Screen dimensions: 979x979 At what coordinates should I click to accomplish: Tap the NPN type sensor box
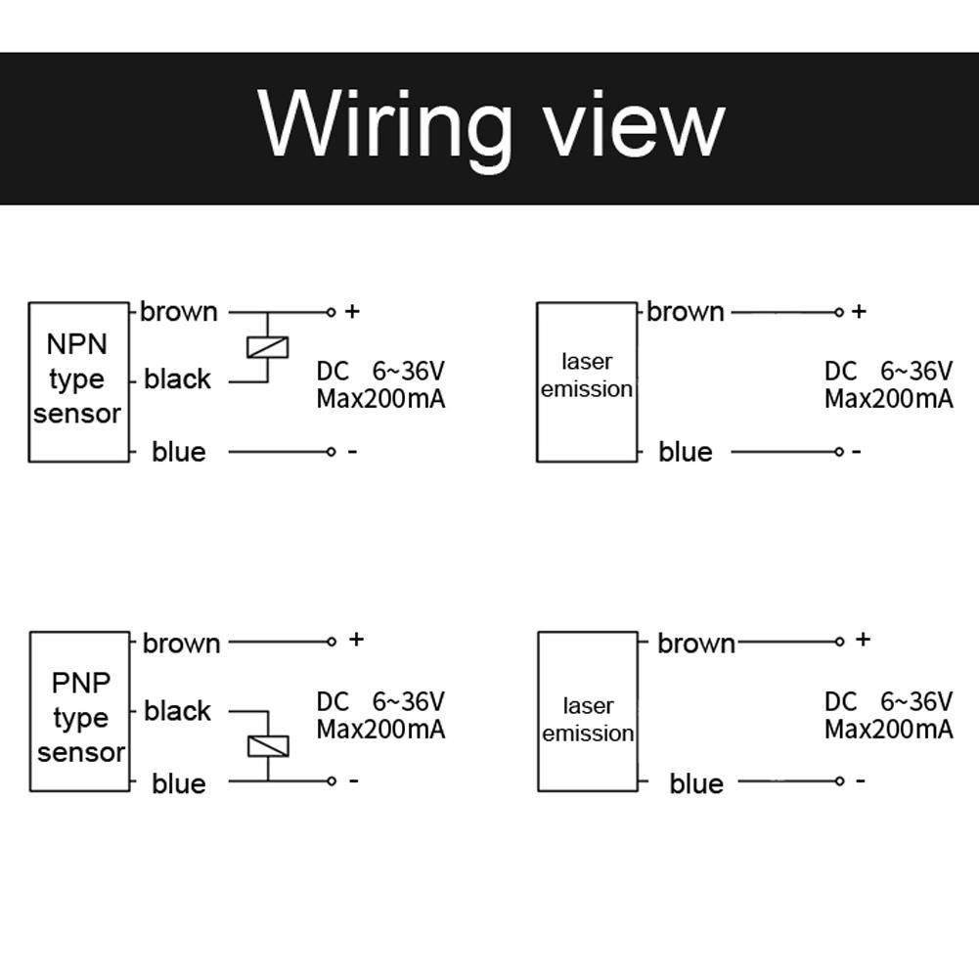click(78, 381)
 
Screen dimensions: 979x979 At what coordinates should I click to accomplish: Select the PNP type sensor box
click(79, 711)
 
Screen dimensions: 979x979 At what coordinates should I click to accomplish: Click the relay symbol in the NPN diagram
click(267, 346)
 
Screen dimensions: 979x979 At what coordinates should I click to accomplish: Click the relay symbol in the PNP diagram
click(267, 745)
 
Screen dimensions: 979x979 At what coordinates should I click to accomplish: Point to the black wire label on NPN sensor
click(177, 379)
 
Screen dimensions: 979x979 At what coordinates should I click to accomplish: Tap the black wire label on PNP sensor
click(177, 711)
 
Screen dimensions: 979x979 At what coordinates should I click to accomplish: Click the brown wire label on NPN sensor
click(179, 312)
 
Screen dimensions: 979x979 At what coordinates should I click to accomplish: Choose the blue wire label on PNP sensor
click(179, 783)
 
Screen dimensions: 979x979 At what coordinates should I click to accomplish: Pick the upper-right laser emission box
click(587, 381)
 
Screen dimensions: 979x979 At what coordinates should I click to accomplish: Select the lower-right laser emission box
click(588, 711)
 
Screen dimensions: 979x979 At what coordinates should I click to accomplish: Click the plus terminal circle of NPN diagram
click(331, 312)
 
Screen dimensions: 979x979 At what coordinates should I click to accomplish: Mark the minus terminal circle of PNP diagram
click(332, 780)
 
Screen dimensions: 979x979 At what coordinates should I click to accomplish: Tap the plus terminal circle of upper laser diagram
click(839, 312)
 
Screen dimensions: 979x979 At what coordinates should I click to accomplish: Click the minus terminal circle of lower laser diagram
click(839, 780)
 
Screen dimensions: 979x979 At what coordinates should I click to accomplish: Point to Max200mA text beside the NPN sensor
click(380, 399)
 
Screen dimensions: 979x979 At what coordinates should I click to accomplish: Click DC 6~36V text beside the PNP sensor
click(380, 701)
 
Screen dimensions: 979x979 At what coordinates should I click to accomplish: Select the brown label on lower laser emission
click(696, 644)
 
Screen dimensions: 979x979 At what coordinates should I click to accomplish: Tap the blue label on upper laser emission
click(686, 452)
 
